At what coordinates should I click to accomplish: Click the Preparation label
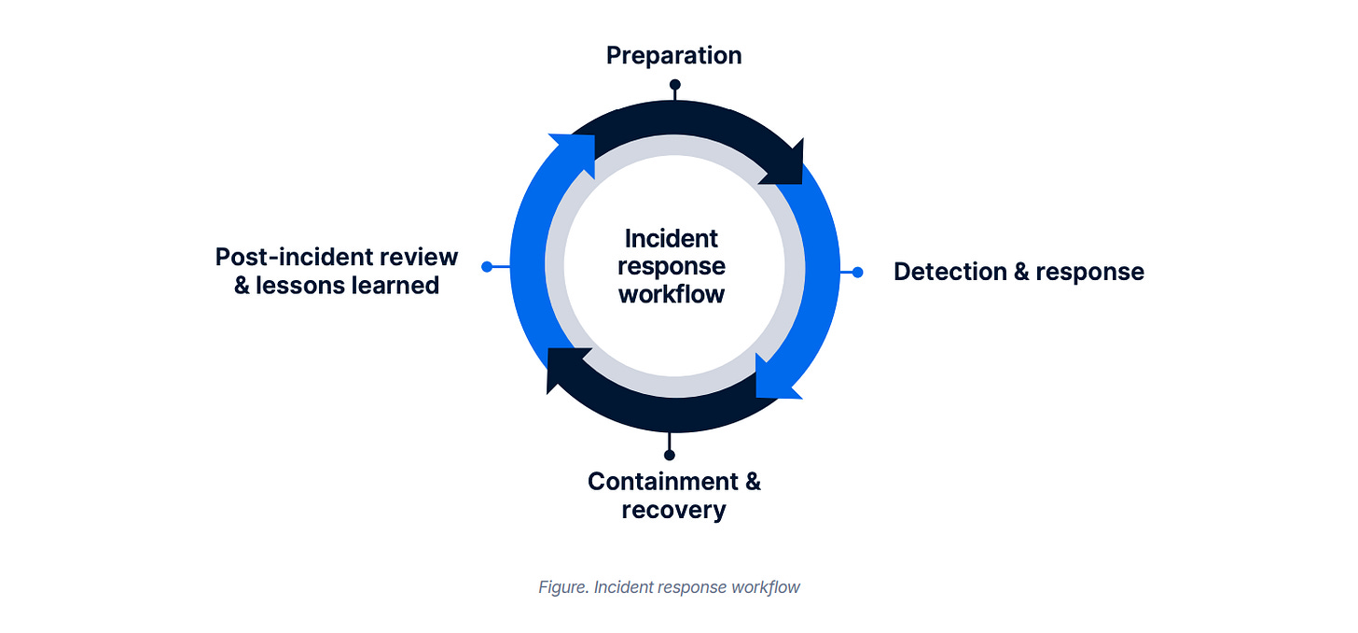[673, 56]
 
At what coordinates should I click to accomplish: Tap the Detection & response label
[1018, 272]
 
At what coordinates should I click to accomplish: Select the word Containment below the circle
[662, 482]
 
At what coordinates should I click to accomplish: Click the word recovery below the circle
[673, 510]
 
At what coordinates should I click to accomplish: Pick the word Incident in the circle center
[672, 238]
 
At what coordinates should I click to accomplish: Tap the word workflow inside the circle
[672, 294]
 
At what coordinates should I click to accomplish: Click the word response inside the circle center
[672, 266]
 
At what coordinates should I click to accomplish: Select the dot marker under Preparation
[674, 85]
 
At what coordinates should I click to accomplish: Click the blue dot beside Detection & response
[857, 272]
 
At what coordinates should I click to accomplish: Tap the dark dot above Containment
[669, 455]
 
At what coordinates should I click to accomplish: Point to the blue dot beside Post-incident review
[487, 267]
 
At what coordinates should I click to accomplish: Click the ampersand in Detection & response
[1015, 272]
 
